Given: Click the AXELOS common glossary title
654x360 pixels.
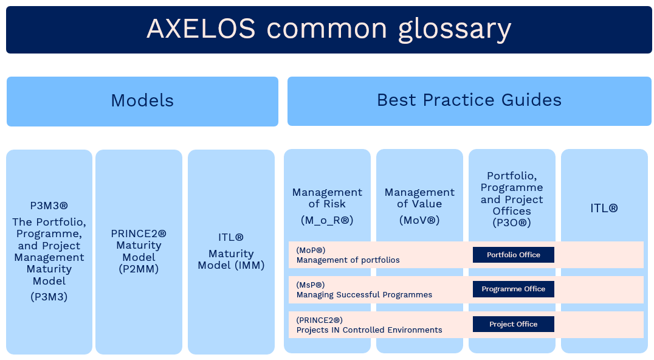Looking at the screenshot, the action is pyautogui.click(x=329, y=29).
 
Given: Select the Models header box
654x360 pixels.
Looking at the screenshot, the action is pyautogui.click(x=142, y=102).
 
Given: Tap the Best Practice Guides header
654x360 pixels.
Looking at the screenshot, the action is pyautogui.click(x=469, y=101).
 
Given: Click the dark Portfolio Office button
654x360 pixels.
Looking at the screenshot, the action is pyautogui.click(x=514, y=255).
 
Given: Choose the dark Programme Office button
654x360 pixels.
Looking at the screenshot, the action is pyautogui.click(x=514, y=289).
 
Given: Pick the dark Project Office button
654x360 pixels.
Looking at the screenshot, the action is pyautogui.click(x=514, y=324).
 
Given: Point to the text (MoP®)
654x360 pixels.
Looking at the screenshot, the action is pyautogui.click(x=311, y=251).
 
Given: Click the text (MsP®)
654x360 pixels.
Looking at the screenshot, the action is pyautogui.click(x=311, y=285).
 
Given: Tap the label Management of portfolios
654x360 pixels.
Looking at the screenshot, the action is pyautogui.click(x=348, y=260).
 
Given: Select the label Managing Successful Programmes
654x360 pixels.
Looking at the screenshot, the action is pyautogui.click(x=364, y=294).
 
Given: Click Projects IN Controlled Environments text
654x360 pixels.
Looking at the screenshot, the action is pyautogui.click(x=369, y=330).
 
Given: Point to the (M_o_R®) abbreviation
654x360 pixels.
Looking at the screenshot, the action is pyautogui.click(x=327, y=220).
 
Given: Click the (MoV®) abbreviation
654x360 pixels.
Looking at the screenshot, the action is pyautogui.click(x=419, y=220).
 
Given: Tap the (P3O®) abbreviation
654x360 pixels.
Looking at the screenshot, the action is pyautogui.click(x=512, y=223).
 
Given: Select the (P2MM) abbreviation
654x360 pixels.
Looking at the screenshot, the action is pyautogui.click(x=139, y=269).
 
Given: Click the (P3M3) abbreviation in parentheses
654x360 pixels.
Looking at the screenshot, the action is pyautogui.click(x=49, y=297).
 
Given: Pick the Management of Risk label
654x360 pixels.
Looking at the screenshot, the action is pyautogui.click(x=327, y=198).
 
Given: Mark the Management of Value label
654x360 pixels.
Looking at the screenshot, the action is pyautogui.click(x=419, y=198).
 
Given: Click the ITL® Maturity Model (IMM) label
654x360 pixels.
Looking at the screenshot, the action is pyautogui.click(x=231, y=252).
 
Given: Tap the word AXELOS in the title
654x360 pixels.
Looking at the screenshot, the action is pyautogui.click(x=201, y=29).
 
